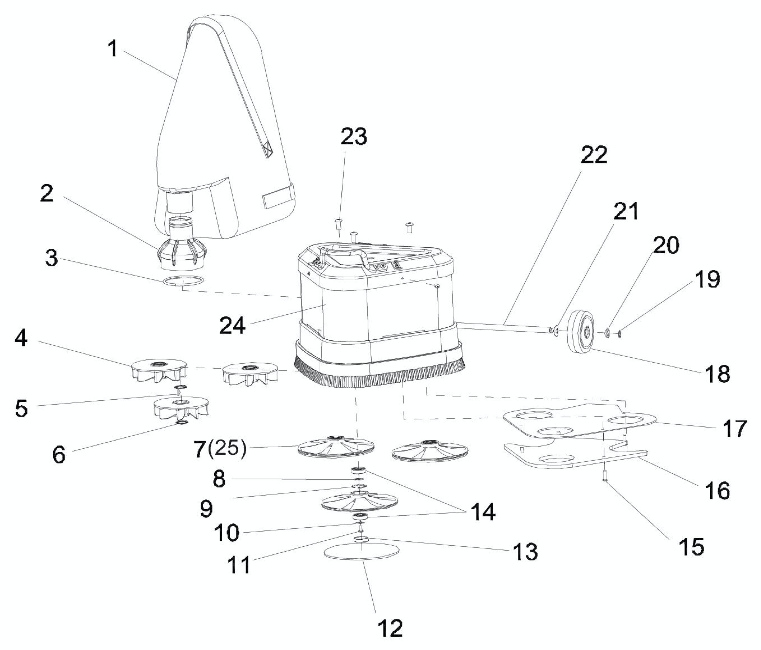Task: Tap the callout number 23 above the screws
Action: [353, 137]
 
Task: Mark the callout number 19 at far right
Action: [707, 280]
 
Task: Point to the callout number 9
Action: [206, 509]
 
